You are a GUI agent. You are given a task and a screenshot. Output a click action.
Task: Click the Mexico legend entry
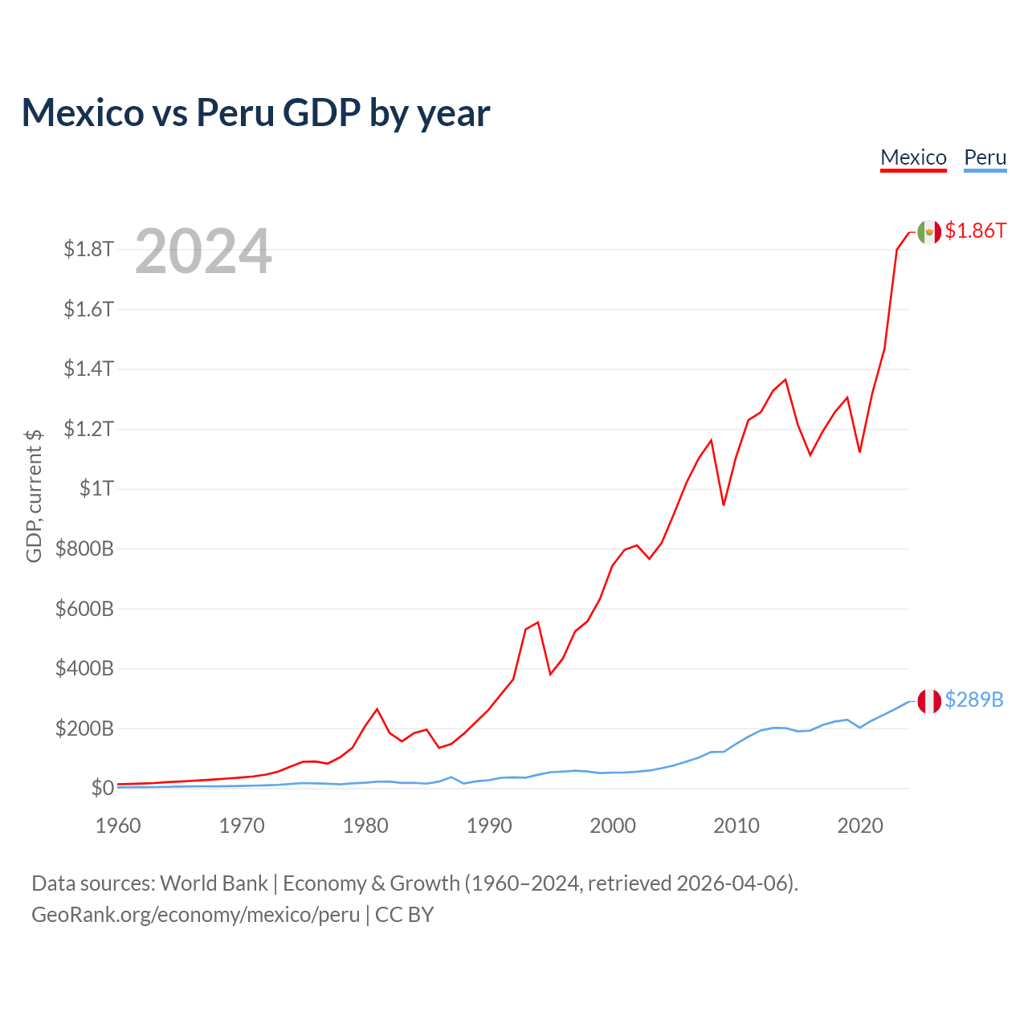coord(913,157)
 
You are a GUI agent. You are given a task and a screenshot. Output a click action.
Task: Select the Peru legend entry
coord(985,157)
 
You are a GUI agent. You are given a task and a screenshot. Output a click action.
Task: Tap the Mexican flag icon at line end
coord(929,231)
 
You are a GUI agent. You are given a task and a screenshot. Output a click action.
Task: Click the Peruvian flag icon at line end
coord(929,701)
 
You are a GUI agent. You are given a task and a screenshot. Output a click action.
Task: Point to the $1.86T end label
coord(975,231)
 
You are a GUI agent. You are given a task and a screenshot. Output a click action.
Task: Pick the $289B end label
coord(973,700)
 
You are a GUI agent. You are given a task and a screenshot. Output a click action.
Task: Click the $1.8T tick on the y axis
coord(88,249)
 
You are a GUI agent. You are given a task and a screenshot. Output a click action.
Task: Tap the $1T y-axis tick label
coord(96,488)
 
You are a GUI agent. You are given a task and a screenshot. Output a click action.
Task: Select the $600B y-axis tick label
coord(84,609)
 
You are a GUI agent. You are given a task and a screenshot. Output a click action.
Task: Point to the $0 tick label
coord(102,788)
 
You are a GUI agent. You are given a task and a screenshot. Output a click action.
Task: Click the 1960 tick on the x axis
coord(118,826)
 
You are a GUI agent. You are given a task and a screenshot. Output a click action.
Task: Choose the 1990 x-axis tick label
coord(489,826)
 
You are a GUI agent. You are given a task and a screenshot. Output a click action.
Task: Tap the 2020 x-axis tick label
coord(860,826)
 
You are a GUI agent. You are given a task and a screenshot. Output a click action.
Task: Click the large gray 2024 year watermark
coord(203,251)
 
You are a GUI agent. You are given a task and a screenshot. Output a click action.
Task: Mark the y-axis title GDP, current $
coord(34,496)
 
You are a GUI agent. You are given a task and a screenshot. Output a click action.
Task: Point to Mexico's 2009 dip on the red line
coord(724,505)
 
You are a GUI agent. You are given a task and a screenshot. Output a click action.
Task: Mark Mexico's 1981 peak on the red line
coord(377,709)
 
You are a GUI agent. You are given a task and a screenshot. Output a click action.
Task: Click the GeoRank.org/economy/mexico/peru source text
coord(195,915)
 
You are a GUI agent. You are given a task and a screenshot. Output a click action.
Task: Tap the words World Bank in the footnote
coord(214,883)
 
